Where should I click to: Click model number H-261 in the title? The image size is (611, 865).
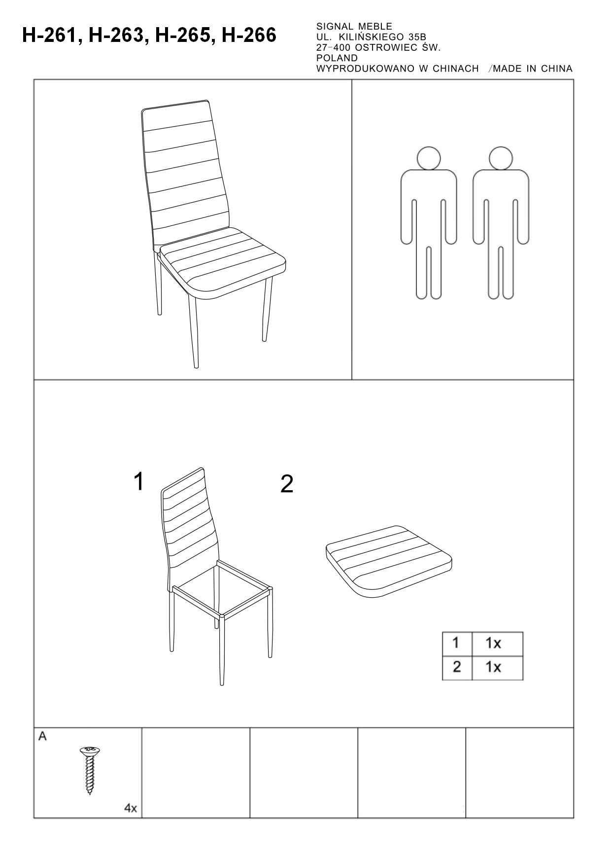tap(49, 36)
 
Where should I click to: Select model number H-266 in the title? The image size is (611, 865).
tap(249, 36)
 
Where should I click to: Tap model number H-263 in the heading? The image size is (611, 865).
tap(116, 36)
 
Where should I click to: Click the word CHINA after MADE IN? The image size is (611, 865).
tap(557, 69)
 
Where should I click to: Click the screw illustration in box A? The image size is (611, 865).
tap(90, 770)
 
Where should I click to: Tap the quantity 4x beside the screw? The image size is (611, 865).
tap(131, 808)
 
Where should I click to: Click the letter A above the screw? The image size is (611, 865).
tap(43, 736)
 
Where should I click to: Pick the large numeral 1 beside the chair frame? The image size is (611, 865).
tap(139, 481)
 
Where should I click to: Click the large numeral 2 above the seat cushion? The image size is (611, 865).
tap(287, 484)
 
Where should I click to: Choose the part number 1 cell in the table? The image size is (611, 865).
tap(457, 644)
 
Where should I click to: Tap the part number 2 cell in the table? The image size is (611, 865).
tap(457, 668)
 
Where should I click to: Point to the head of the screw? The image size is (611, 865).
tap(90, 751)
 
